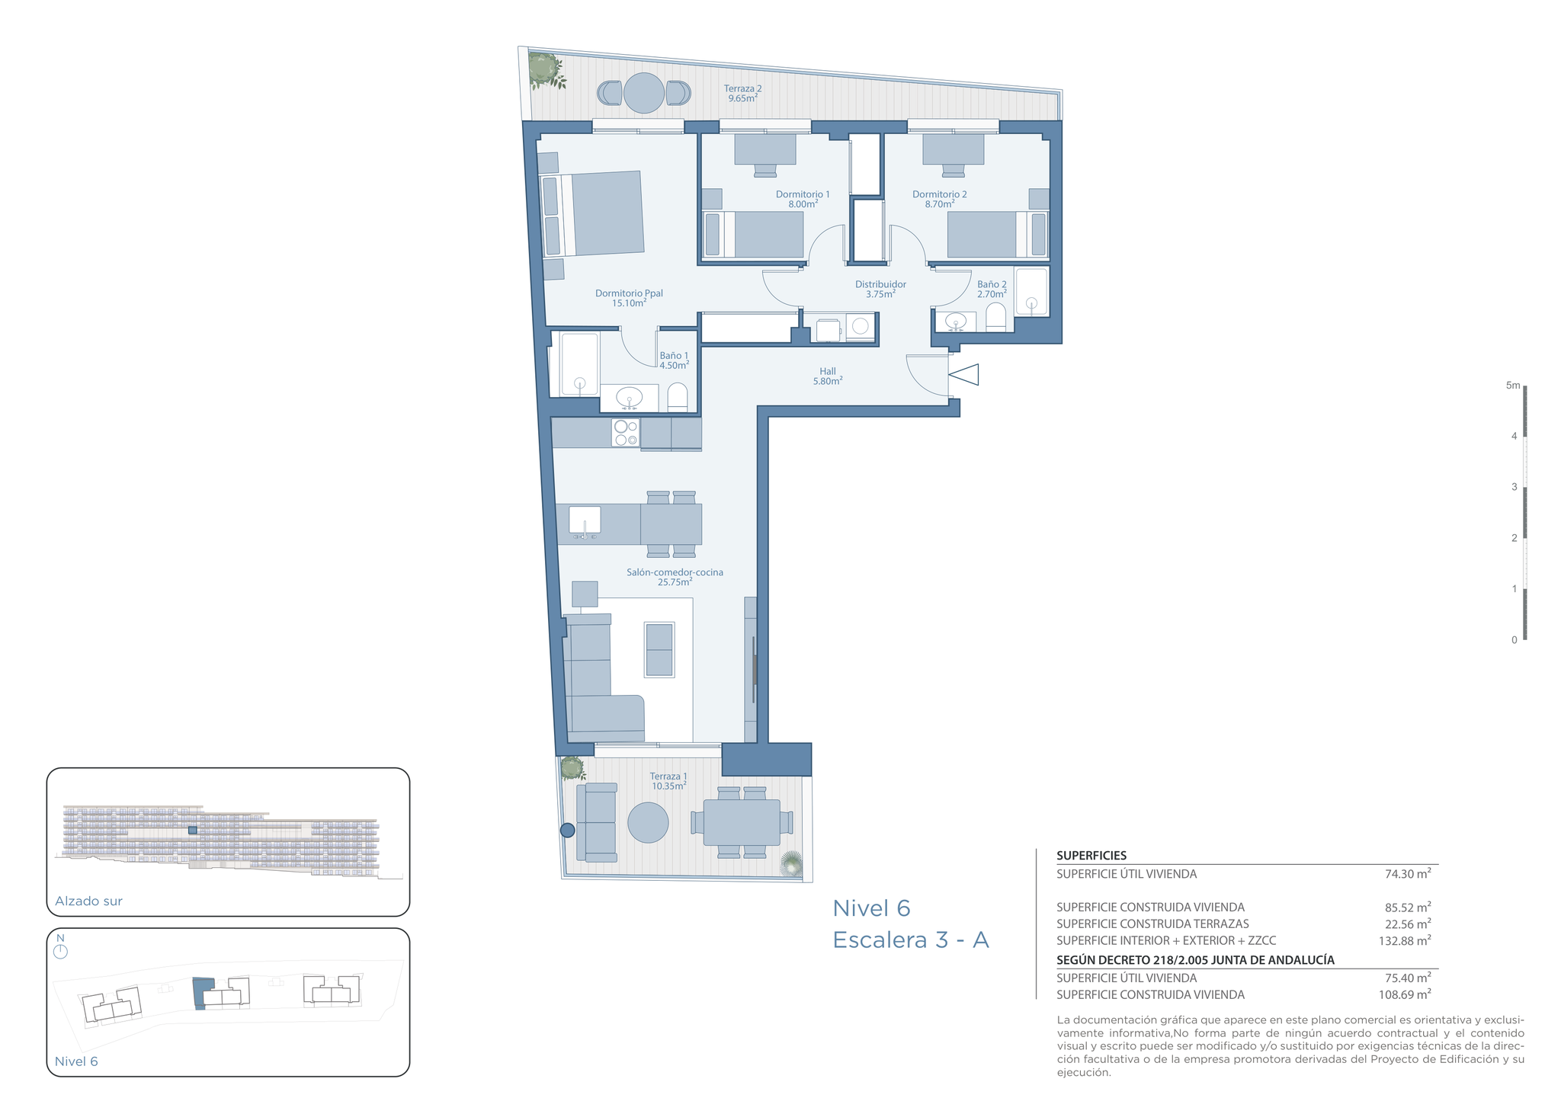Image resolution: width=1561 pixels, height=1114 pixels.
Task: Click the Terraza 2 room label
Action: tap(742, 93)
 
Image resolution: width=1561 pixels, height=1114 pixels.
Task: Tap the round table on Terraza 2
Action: tap(644, 93)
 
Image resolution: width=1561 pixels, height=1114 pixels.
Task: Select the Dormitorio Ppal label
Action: tap(629, 298)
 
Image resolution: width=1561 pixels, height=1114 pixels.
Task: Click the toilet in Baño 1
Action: tap(678, 397)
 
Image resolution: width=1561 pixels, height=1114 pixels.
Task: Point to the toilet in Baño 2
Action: tap(995, 317)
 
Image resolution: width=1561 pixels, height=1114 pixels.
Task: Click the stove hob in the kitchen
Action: tap(626, 433)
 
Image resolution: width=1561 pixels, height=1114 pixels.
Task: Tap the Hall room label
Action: tap(828, 376)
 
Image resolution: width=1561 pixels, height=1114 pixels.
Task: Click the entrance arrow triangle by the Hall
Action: tap(963, 375)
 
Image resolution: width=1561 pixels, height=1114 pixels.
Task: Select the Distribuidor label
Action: tap(880, 289)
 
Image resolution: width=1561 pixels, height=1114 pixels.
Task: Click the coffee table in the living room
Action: tap(659, 650)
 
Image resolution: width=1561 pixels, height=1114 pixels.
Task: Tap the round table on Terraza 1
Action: tap(648, 822)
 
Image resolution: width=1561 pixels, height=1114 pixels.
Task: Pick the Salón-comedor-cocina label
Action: tap(675, 577)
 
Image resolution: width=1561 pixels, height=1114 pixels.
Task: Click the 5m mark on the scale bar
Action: tap(1512, 386)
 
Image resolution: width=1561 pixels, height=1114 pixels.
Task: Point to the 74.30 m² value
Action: tap(1408, 874)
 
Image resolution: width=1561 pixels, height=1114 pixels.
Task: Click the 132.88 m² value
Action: tap(1405, 940)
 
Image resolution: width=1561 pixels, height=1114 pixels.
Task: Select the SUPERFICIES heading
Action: tap(1091, 856)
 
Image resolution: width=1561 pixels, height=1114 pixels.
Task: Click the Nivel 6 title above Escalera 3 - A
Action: tap(871, 908)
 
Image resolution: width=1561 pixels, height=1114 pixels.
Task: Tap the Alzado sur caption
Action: tap(88, 901)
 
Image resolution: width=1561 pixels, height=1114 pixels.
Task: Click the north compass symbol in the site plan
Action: tap(61, 951)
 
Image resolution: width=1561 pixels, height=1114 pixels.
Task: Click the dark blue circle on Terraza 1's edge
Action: tap(567, 831)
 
